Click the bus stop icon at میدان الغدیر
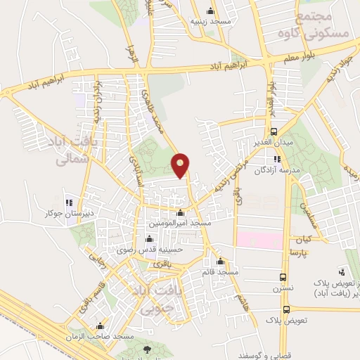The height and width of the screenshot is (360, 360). click(x=274, y=131)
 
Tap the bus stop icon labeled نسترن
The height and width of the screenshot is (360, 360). click(x=283, y=277)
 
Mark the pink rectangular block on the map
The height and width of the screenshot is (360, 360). click(x=259, y=239)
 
